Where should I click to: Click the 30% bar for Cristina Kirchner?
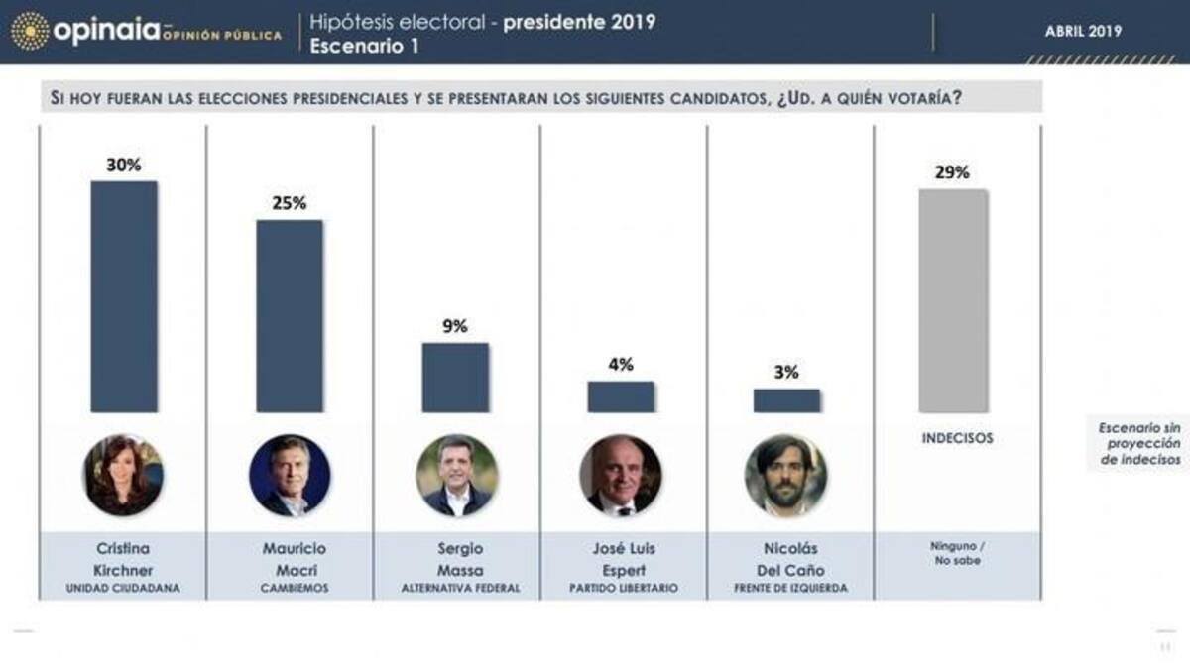click(x=124, y=296)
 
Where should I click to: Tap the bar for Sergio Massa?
click(x=455, y=377)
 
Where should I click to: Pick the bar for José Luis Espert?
click(x=621, y=396)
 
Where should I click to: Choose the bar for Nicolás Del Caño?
click(x=786, y=400)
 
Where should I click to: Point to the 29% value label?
click(x=952, y=172)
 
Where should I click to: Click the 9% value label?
click(x=455, y=326)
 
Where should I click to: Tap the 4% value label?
click(x=621, y=365)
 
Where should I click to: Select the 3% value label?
click(x=786, y=373)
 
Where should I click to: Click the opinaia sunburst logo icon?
click(x=30, y=31)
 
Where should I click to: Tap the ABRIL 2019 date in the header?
click(x=1083, y=32)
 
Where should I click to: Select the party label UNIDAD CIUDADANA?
click(x=123, y=589)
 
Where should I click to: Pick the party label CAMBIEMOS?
click(x=289, y=589)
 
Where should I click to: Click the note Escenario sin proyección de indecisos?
click(x=1138, y=443)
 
